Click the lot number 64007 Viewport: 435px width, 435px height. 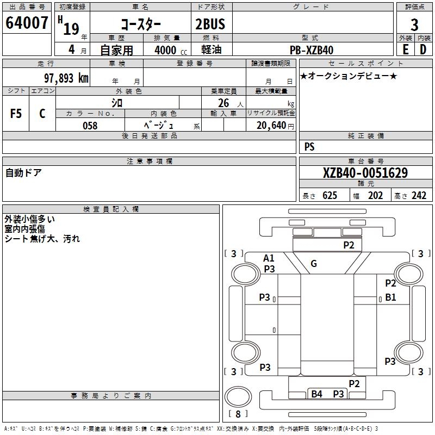coord(26,24)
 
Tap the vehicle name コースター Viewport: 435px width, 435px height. coord(140,24)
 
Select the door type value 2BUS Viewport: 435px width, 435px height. coord(210,24)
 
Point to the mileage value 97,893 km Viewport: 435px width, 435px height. coord(66,78)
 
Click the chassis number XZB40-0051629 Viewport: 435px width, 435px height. coord(365,173)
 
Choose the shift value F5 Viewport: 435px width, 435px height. coord(16,114)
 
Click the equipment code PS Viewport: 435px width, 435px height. coord(309,147)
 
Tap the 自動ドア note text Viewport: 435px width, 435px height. coord(23,173)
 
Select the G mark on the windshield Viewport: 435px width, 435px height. coord(313,264)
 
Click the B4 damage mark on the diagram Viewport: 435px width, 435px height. coord(316,394)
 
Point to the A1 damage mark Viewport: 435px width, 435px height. coord(269,258)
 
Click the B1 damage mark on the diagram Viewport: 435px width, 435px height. coord(390,297)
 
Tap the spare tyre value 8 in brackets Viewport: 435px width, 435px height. coord(238,413)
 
